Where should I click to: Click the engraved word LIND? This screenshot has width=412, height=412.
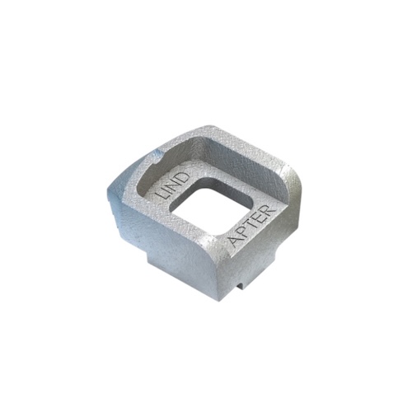(x=173, y=186)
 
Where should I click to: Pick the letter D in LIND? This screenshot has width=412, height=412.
(x=184, y=178)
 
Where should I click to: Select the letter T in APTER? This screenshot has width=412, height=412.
(x=253, y=224)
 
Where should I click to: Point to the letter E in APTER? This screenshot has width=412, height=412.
(x=260, y=217)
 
